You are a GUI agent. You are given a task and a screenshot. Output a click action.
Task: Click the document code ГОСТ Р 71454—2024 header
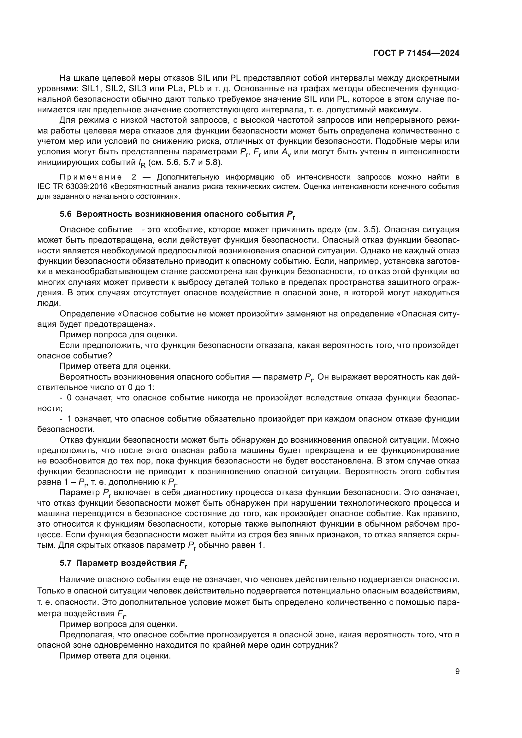pos(416,53)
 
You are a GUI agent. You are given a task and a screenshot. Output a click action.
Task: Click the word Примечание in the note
pos(91,177)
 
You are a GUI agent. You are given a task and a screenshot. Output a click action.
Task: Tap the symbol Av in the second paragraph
pos(286,152)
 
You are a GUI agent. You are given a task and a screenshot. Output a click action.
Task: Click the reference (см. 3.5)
pos(362,229)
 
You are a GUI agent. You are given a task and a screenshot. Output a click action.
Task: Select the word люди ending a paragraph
pos(48,303)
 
